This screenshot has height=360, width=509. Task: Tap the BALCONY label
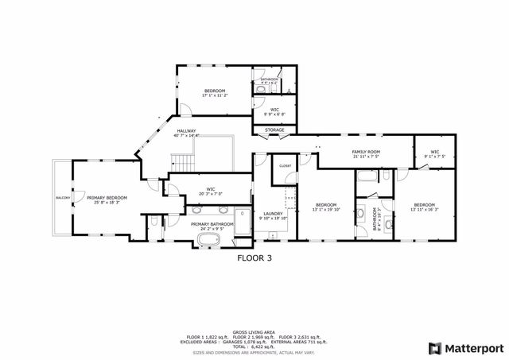(63, 197)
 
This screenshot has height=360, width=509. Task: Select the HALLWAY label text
(186, 131)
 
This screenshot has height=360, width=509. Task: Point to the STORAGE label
(274, 130)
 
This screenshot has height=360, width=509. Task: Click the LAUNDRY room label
(273, 213)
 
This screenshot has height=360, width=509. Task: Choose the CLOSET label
(285, 165)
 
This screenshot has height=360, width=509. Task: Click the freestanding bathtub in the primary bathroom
(210, 239)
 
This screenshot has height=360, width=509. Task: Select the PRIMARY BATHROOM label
(212, 223)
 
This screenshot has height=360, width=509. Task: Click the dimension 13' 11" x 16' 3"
(424, 209)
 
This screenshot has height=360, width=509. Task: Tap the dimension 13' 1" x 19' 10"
(326, 209)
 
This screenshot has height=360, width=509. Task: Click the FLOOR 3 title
(254, 257)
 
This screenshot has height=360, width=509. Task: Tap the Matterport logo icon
(433, 347)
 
